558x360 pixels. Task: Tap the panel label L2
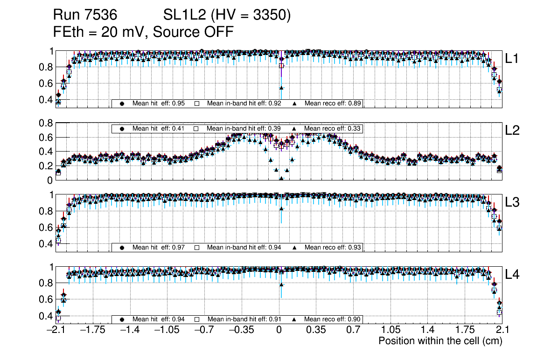coord(513,131)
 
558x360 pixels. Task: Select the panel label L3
coord(513,202)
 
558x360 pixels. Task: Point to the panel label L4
coord(513,275)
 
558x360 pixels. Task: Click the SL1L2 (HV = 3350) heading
coord(227,16)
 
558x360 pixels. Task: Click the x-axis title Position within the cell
coord(440,341)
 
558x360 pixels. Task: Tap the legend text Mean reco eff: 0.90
coord(333,319)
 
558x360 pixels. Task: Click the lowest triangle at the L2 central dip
coord(281,179)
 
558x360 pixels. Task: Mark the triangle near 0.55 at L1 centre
coord(281,88)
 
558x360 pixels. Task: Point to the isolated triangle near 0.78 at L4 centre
coord(281,284)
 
